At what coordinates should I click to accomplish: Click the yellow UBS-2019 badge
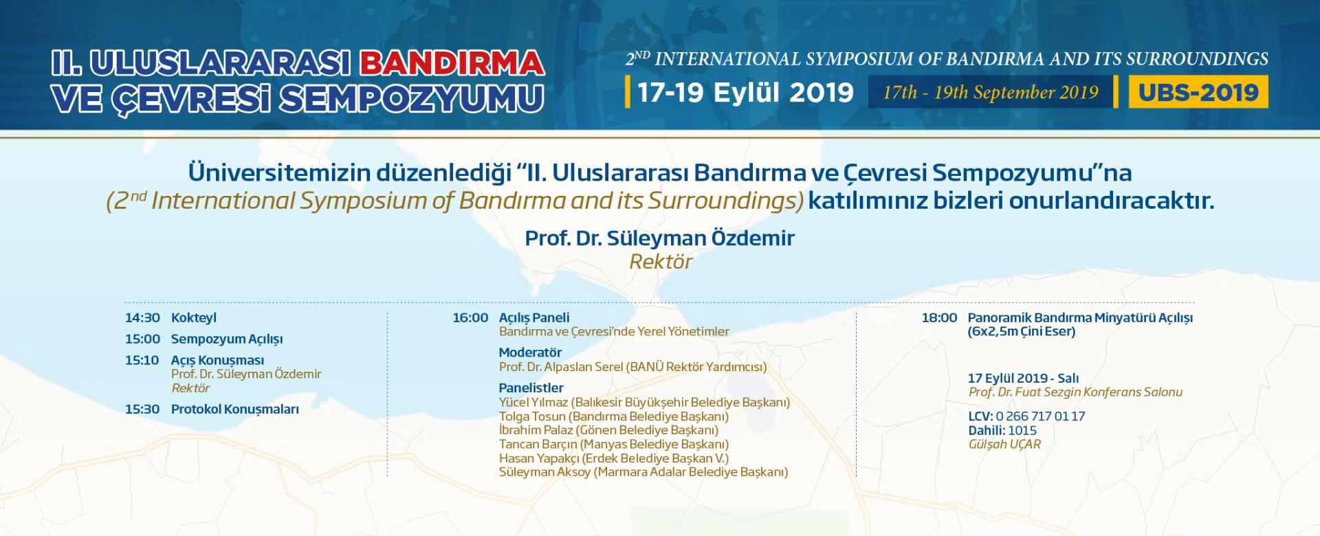[1198, 92]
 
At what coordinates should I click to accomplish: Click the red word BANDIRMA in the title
[452, 63]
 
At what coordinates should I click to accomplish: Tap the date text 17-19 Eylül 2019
[746, 92]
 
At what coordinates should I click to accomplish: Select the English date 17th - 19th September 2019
[991, 93]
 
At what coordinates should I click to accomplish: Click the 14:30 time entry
[142, 318]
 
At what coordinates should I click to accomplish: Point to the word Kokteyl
[194, 318]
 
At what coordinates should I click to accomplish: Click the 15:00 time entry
[142, 339]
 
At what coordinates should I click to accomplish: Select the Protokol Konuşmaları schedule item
[235, 410]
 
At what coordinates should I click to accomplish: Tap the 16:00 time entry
[470, 318]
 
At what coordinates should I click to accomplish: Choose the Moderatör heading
[530, 353]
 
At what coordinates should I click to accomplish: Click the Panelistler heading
[531, 388]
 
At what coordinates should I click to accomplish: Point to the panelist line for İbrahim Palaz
[608, 430]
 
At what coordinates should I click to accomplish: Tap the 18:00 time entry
[939, 318]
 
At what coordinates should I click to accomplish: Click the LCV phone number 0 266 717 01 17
[1039, 416]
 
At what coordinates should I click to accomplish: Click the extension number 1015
[1022, 431]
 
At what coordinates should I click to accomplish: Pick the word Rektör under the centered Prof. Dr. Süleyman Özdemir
[660, 262]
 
